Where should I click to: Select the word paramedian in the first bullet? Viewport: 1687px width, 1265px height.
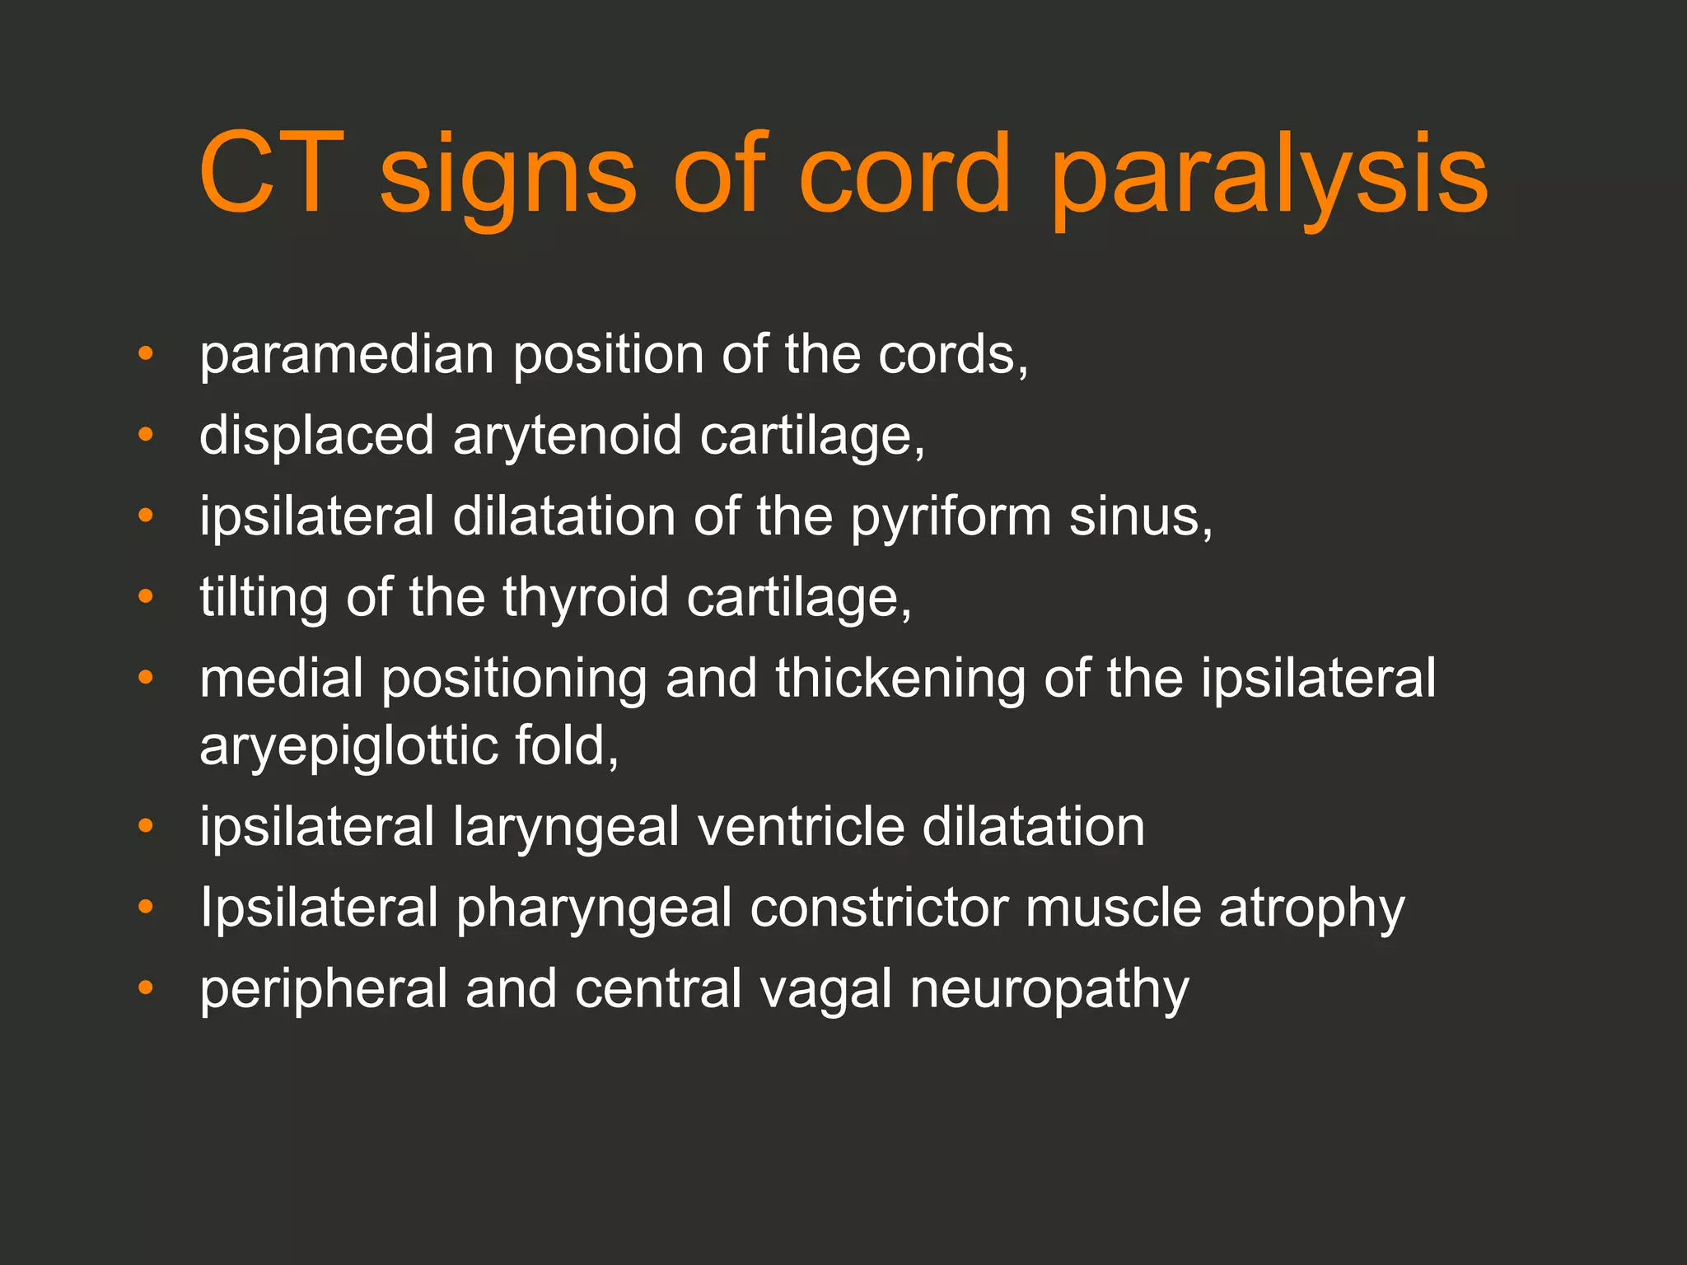point(347,356)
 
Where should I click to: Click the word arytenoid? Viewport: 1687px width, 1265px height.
point(567,436)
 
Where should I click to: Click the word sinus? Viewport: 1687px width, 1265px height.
point(1141,517)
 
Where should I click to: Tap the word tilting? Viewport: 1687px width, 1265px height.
point(264,598)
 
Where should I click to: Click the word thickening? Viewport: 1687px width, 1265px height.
point(900,679)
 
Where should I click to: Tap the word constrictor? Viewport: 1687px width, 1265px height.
point(880,908)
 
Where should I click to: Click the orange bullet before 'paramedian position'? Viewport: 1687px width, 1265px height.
point(146,355)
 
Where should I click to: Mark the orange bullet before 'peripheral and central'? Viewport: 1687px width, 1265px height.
point(146,987)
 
